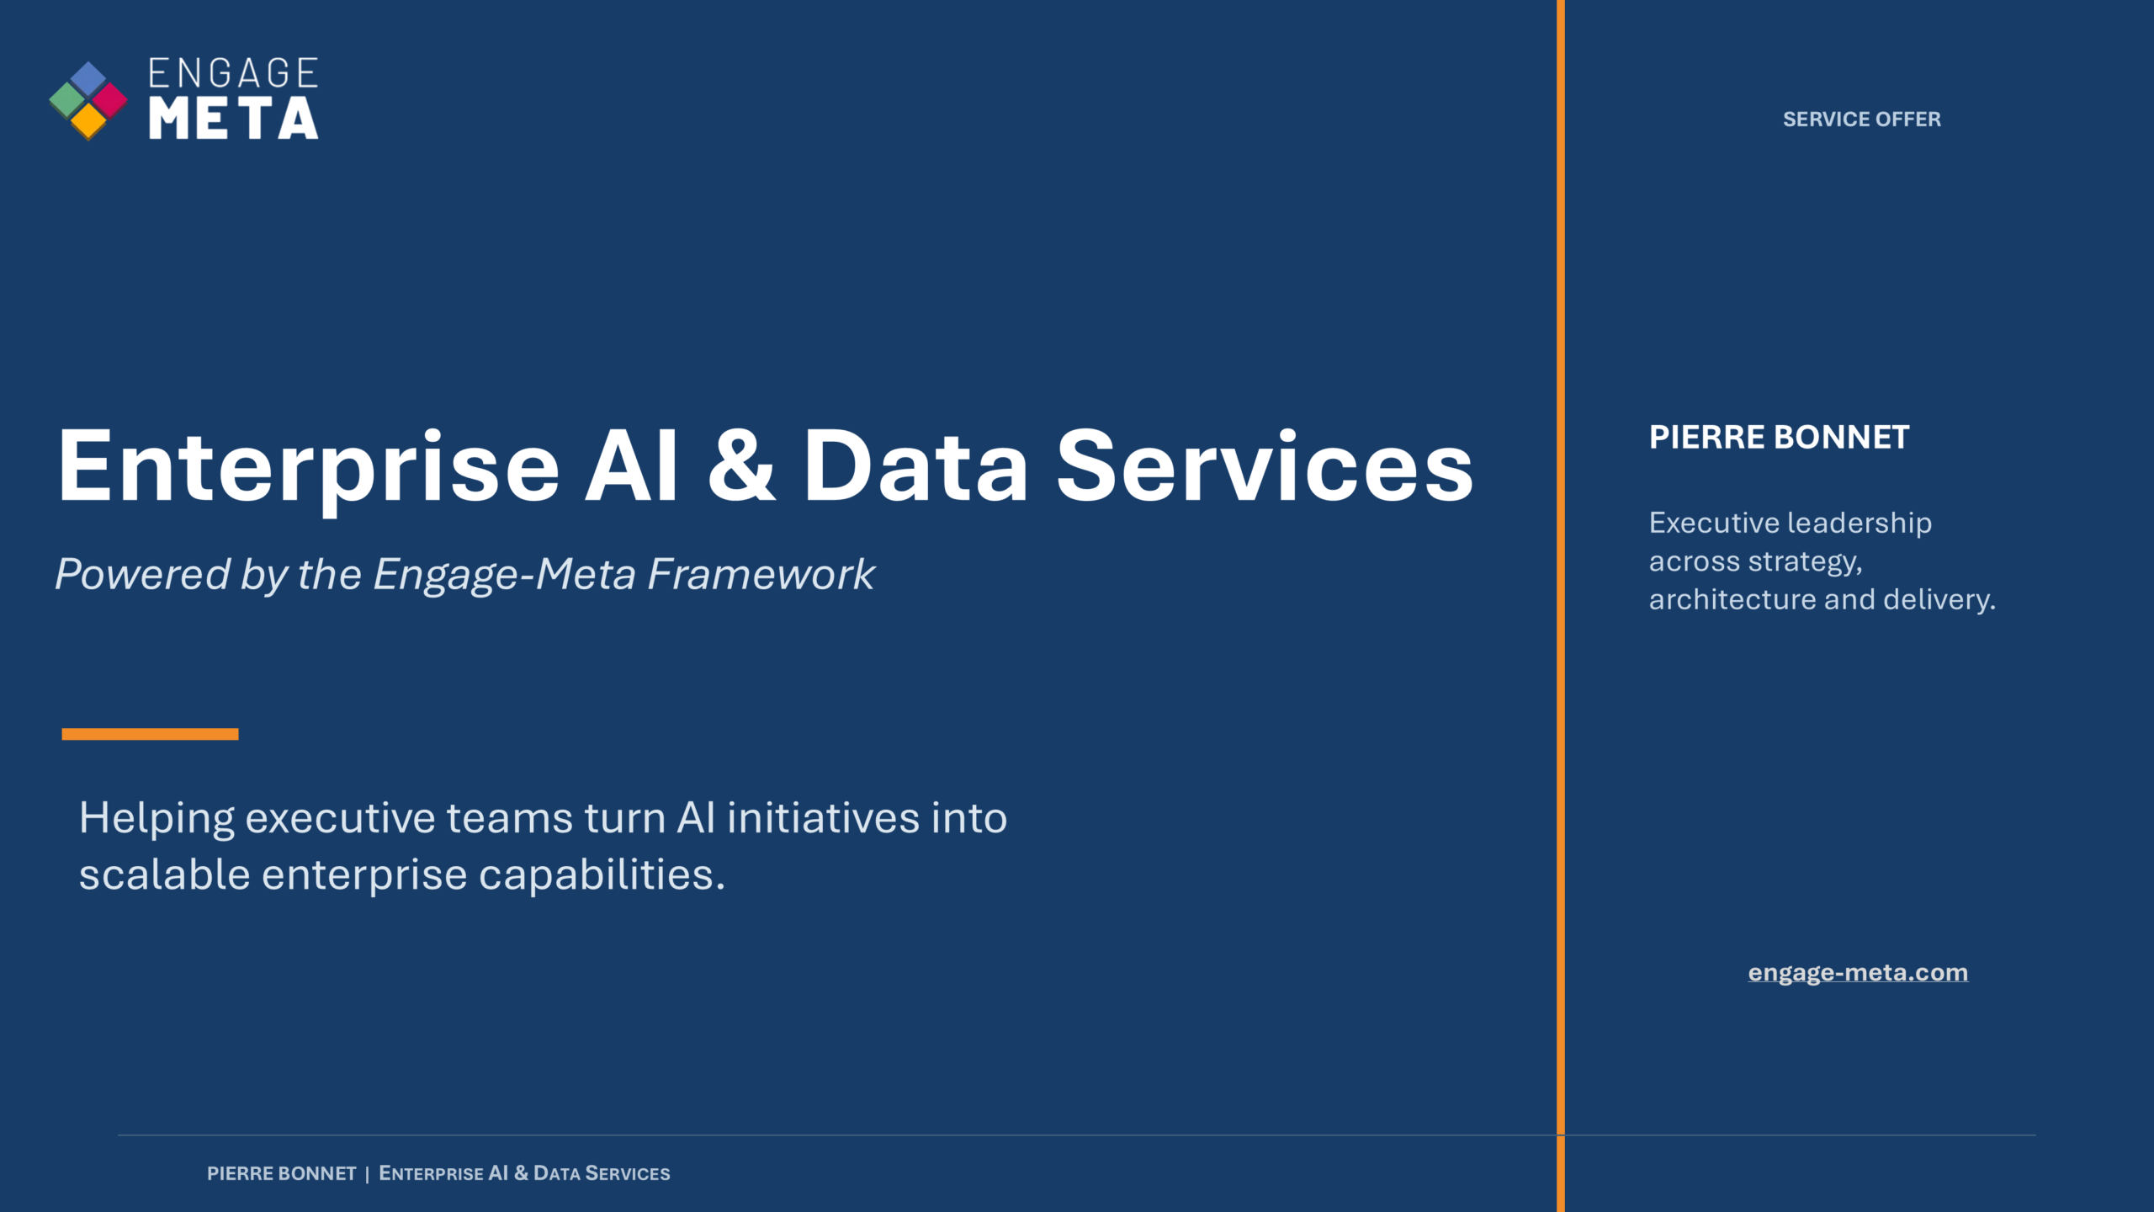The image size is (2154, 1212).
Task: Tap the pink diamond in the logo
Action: pos(109,101)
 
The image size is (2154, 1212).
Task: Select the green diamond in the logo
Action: pos(67,101)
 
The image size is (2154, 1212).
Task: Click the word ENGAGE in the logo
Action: pos(234,73)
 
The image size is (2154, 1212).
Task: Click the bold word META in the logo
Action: pos(234,118)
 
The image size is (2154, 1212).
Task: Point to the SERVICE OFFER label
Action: pos(1862,120)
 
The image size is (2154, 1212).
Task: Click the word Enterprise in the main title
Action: pos(308,467)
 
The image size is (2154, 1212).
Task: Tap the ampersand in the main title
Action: pos(741,465)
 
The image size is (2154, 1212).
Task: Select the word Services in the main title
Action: pos(1265,465)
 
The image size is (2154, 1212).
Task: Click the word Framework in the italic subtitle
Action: pos(761,575)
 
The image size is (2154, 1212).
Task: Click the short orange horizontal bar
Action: pos(150,734)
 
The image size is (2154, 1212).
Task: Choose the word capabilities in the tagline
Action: pos(602,875)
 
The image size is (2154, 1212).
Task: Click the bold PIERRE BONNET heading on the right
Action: pos(1780,438)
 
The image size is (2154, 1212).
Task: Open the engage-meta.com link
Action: pos(1858,973)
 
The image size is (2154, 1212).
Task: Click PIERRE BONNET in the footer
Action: pos(282,1173)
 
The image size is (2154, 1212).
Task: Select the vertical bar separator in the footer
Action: pos(368,1174)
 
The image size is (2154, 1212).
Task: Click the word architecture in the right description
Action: pos(1732,599)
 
